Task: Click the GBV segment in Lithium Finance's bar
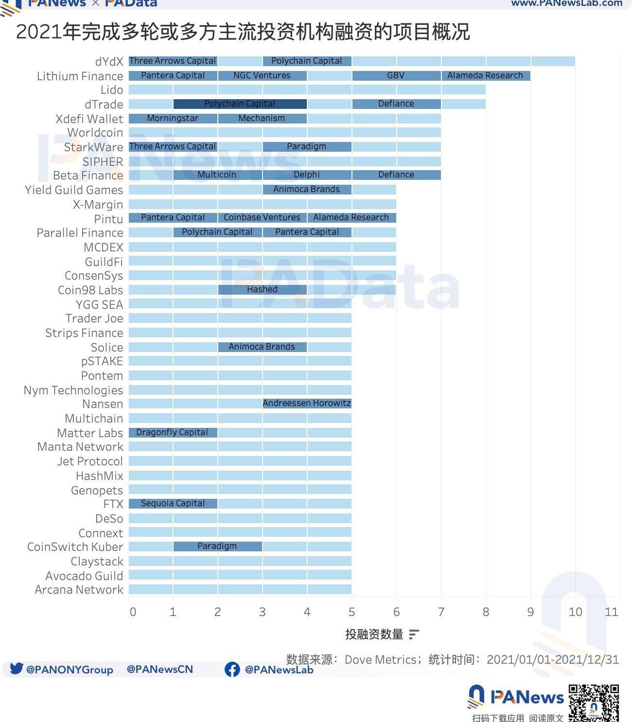(396, 75)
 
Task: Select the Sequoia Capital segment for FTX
(173, 503)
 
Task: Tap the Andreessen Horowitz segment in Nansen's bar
(307, 403)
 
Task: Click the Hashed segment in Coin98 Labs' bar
(262, 289)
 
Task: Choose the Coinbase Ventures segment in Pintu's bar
(262, 217)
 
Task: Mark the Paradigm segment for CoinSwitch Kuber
(217, 546)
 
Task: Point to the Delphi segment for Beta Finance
(307, 175)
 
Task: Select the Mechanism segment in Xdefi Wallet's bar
(262, 118)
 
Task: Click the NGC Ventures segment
(262, 75)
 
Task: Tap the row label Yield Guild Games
(74, 190)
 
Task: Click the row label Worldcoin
(95, 133)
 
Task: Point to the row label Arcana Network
(79, 590)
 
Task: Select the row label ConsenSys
(94, 276)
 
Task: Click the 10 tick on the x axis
(575, 612)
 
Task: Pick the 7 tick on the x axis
(441, 612)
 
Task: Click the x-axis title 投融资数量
(374, 634)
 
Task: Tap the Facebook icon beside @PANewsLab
(232, 669)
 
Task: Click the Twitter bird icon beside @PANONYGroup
(17, 669)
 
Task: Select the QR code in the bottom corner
(594, 703)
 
